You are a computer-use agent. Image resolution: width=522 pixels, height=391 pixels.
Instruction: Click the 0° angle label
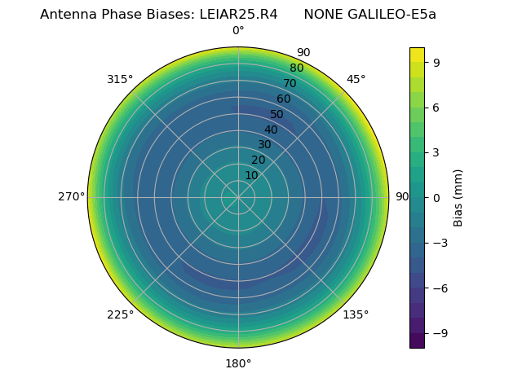tap(238, 31)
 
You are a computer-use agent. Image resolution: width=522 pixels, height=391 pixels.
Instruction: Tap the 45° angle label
tap(356, 79)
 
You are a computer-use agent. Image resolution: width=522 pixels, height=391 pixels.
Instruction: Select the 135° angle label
tap(356, 314)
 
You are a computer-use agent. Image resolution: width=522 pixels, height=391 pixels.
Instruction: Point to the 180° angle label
tap(238, 363)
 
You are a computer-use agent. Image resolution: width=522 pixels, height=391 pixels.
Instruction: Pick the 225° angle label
tap(120, 314)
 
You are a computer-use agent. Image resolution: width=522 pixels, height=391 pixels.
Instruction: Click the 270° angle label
tap(71, 197)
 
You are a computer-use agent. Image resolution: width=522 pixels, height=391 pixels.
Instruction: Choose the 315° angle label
tap(120, 79)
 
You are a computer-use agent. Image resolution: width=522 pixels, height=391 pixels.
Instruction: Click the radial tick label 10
tap(251, 175)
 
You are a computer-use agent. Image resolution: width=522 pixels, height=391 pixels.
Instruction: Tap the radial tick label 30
tap(264, 145)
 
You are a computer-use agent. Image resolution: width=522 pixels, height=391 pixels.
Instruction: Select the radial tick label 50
tap(277, 115)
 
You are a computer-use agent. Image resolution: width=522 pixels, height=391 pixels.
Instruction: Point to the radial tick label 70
tap(290, 84)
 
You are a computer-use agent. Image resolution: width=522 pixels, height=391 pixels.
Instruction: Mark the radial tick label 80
tap(296, 68)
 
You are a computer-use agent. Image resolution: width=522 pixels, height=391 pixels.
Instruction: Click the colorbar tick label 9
tap(436, 62)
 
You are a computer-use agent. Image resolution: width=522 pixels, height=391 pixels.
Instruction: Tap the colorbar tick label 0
tap(436, 197)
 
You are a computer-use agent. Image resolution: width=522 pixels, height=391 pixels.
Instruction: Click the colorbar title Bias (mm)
tap(458, 197)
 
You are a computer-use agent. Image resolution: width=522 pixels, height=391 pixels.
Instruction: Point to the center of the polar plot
tap(238, 197)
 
